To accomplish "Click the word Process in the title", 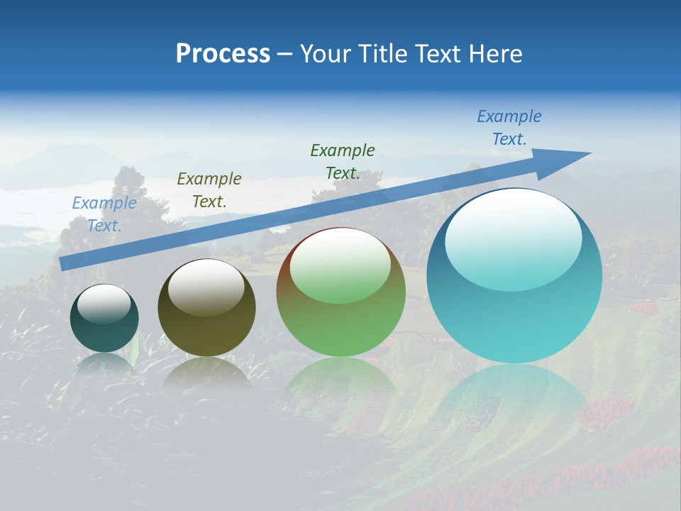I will pos(223,54).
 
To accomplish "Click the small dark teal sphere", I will pos(104,318).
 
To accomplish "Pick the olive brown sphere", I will pos(206,307).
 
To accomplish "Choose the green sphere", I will pos(340,292).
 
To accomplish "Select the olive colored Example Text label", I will pos(209,190).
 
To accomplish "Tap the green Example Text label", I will pos(343,162).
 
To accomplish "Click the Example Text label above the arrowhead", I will pos(509,128).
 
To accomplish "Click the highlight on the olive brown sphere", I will pos(206,287).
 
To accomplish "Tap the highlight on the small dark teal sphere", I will pos(104,304).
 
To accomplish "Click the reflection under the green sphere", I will pos(340,383).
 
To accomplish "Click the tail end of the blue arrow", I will pos(64,263).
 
